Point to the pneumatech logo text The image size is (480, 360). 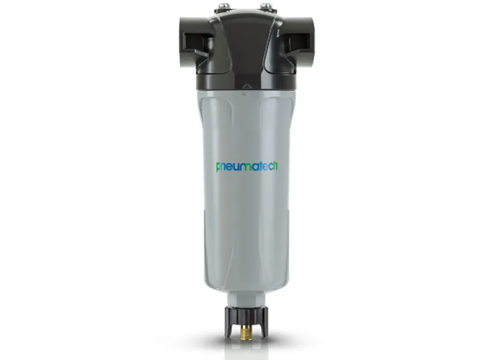[x=247, y=166]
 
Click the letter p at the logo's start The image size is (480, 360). [x=218, y=167]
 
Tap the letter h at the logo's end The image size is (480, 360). [x=275, y=166]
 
